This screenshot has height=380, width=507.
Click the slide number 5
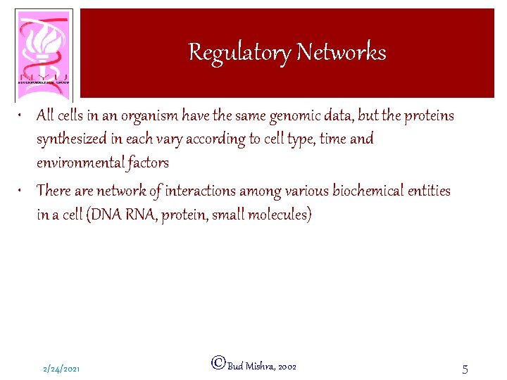(465, 368)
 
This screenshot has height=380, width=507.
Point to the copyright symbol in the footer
(218, 363)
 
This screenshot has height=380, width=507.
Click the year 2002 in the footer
(287, 367)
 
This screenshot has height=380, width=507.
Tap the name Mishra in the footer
(260, 367)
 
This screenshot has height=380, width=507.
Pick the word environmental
(81, 163)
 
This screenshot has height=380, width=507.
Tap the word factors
(149, 163)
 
